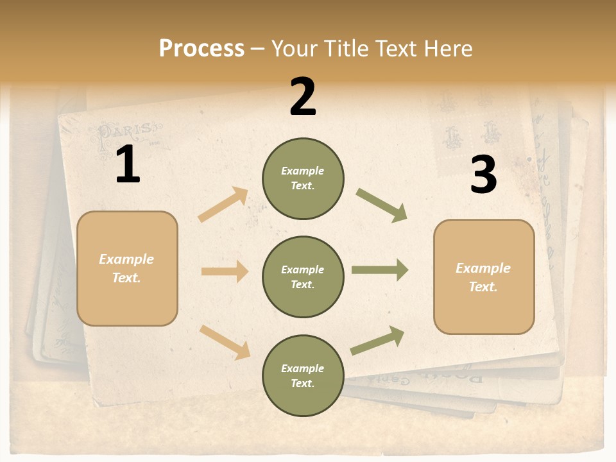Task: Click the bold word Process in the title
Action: (201, 49)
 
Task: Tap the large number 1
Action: (128, 166)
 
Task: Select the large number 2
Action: (303, 98)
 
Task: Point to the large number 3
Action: (483, 175)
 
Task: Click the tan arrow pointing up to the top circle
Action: (223, 205)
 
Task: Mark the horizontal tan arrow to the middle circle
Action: (225, 271)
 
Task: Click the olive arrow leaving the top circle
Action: (382, 205)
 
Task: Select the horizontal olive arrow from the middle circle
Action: (380, 270)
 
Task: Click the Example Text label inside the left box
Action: (126, 268)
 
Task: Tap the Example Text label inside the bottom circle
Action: (302, 376)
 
